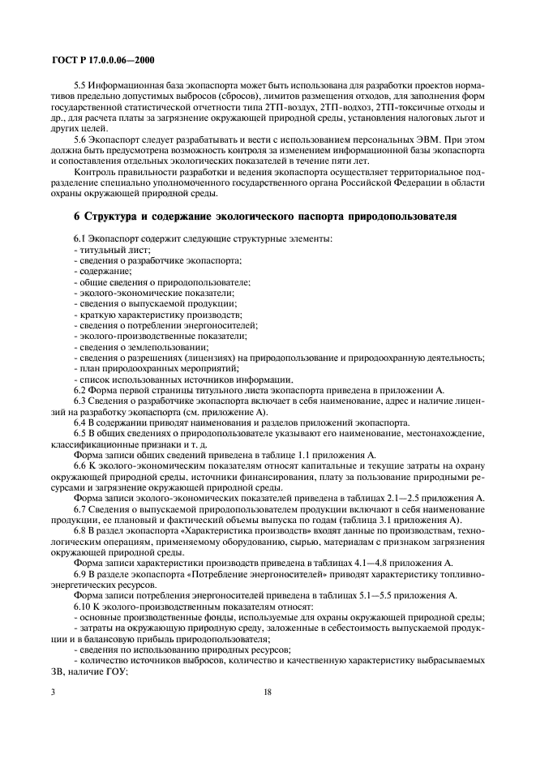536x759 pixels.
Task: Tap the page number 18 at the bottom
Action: coord(268,693)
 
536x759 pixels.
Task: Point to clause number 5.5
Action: coord(82,86)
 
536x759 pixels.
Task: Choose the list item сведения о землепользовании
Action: coord(128,346)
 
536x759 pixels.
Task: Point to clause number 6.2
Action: coord(81,389)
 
